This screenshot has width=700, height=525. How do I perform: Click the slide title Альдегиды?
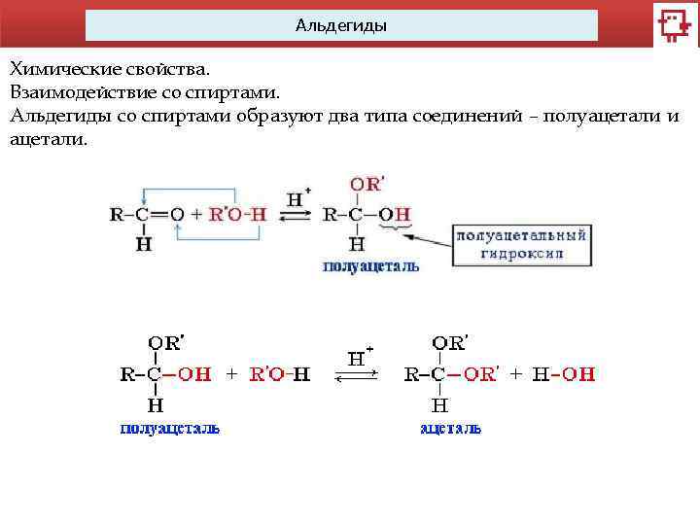pos(341,26)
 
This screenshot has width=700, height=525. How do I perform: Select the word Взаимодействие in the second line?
pos(81,93)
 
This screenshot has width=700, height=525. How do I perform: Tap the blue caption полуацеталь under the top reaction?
pos(371,265)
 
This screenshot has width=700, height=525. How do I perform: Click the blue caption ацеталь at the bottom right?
pos(450,428)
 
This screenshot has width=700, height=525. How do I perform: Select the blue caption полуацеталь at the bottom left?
pos(170,428)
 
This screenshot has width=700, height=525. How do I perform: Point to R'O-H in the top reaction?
pos(233,215)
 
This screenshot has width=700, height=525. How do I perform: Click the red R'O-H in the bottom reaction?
pos(280,373)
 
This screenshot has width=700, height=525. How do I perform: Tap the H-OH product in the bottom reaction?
pos(564,373)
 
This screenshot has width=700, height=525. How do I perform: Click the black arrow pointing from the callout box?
pos(429,237)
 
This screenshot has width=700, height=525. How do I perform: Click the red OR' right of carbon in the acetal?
pos(479,373)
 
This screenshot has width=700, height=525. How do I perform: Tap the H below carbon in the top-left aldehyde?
pos(144,244)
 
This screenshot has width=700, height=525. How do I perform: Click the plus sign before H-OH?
pos(515,373)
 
